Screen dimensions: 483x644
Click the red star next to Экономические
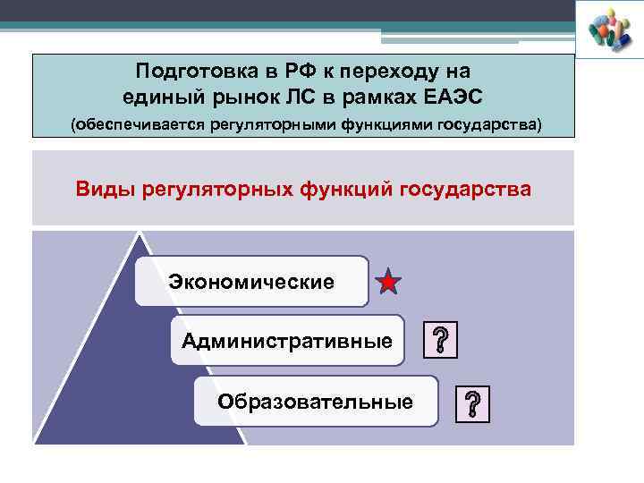389,283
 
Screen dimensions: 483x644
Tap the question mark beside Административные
440,341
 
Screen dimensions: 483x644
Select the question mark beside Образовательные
472,403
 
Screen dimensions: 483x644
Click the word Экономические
251,283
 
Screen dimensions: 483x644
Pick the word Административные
287,341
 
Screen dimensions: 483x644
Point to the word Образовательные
315,402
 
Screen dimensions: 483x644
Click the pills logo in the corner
610,30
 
